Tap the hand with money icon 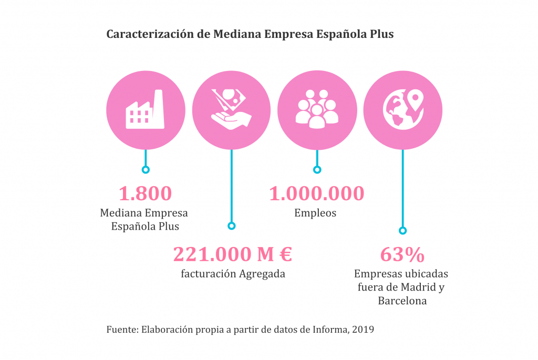(231, 109)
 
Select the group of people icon (316, 109)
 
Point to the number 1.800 (145, 193)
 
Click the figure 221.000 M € (232, 254)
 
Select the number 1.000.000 (316, 193)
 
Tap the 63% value (402, 255)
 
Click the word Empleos (315, 213)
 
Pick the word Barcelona (402, 301)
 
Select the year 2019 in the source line (363, 330)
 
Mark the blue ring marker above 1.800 (146, 169)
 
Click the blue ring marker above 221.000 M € (231, 225)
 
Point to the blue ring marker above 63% (402, 230)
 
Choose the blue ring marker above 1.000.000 (317, 169)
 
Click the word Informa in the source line (330, 330)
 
